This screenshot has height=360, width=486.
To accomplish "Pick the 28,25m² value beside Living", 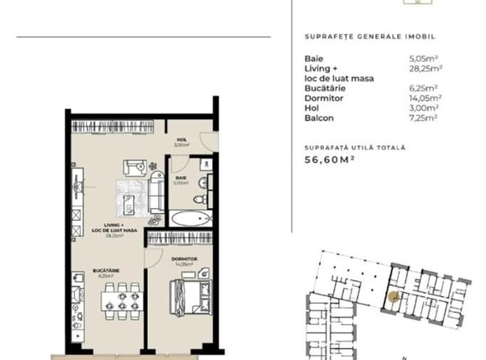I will [x=426, y=68].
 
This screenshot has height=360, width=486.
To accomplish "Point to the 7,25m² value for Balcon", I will [x=423, y=118].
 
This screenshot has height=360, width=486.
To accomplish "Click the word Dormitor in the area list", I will [x=321, y=98].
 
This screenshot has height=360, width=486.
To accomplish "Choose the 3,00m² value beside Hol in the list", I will [x=423, y=108].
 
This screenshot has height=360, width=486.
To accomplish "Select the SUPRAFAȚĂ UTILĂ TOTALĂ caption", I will [x=354, y=147].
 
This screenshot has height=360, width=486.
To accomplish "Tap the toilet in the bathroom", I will [x=198, y=200].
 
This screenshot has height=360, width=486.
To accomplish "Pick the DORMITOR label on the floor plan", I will [x=183, y=259].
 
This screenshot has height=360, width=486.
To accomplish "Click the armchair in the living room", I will [x=135, y=166].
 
